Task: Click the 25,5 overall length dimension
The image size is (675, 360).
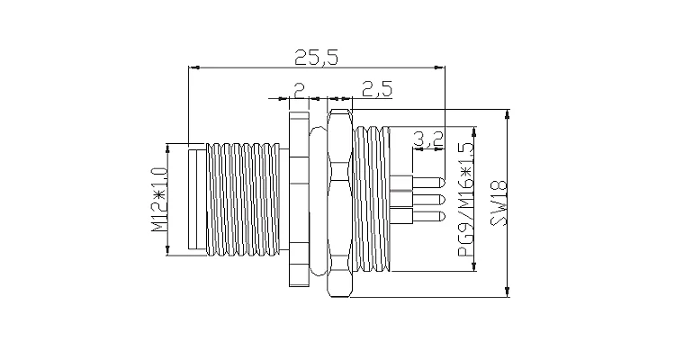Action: (316, 58)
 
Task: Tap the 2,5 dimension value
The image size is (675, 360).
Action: (375, 89)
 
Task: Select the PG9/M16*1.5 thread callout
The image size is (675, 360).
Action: (466, 199)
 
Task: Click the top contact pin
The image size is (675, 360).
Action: (423, 184)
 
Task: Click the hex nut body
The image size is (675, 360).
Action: (339, 202)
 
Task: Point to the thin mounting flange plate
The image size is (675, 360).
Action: (298, 199)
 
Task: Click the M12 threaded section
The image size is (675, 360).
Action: (244, 199)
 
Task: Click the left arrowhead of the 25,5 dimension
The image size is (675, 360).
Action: (190, 67)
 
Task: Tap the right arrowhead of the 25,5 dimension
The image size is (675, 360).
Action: (442, 67)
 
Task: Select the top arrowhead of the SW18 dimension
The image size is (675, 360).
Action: (509, 112)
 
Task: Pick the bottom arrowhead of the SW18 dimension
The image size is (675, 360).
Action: (509, 292)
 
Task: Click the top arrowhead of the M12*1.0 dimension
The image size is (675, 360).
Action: (167, 145)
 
